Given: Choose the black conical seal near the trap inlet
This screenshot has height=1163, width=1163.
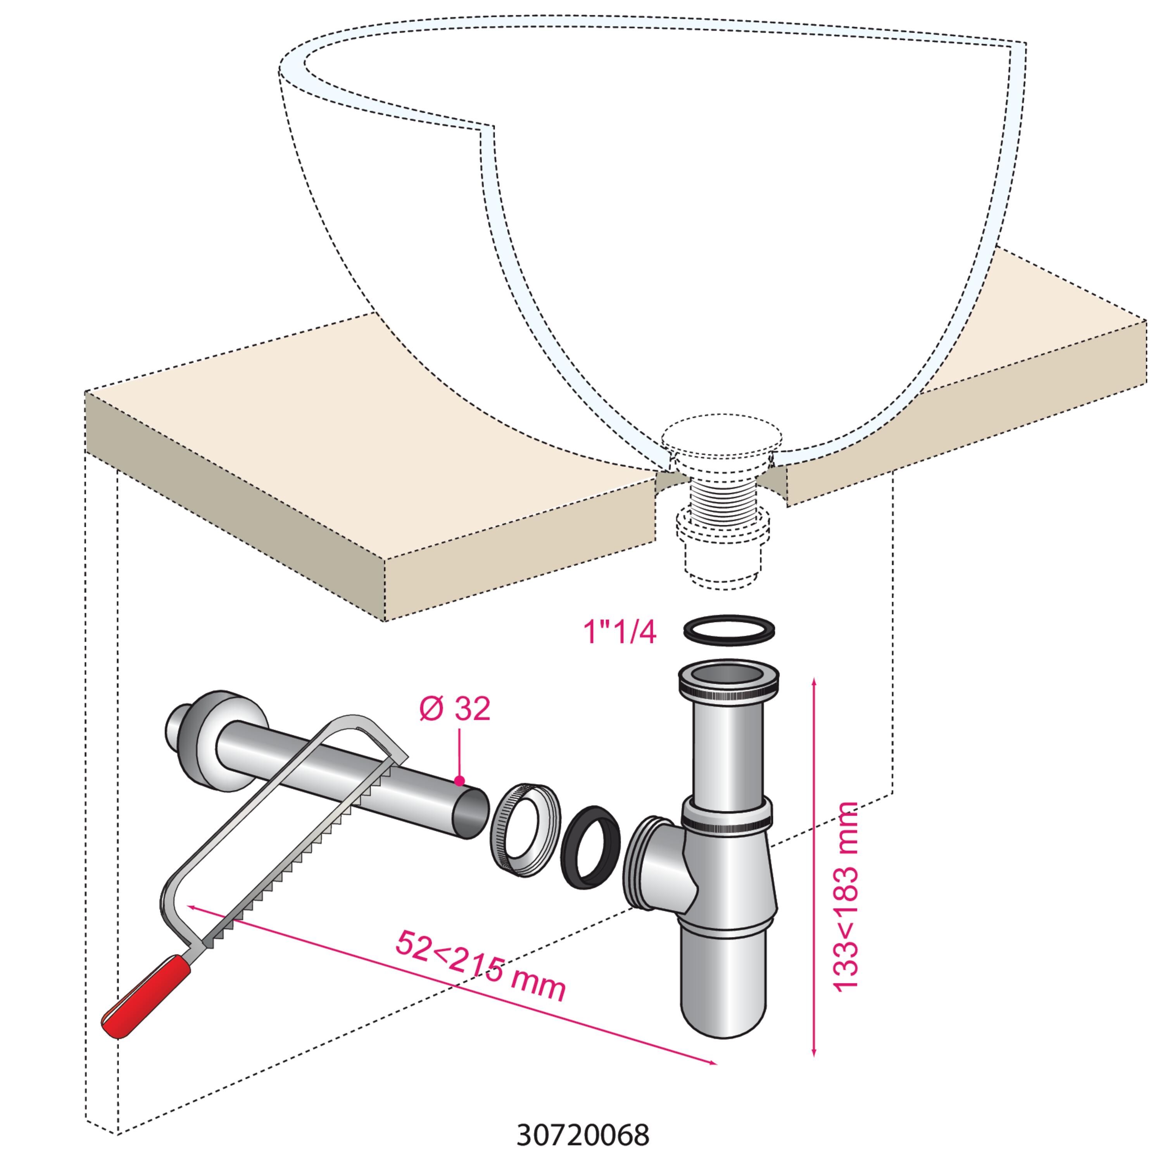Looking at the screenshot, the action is click(590, 847).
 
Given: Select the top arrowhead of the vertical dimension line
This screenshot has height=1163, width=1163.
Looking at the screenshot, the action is click(814, 682).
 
